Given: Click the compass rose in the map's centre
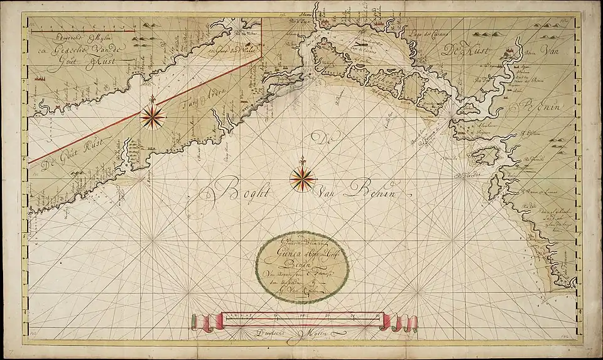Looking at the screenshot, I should [302, 180].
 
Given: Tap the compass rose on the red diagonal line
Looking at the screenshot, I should [153, 116].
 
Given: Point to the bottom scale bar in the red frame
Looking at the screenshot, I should [303, 321].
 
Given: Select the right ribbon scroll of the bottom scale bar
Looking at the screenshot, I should [402, 323].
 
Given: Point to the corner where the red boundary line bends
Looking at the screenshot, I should [261, 56].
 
